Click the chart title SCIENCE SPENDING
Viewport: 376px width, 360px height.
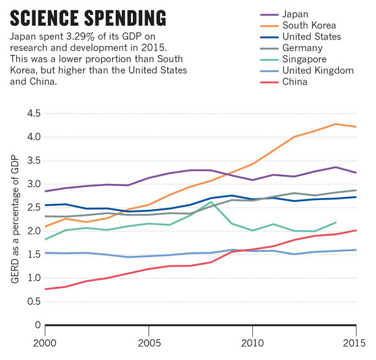point(88,18)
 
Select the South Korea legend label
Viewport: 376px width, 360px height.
point(309,25)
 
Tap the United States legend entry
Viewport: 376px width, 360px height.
point(311,37)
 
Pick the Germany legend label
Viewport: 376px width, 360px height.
point(302,48)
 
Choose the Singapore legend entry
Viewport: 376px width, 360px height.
point(304,59)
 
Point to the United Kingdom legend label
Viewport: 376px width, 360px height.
point(318,71)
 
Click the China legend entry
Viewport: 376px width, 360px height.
point(295,82)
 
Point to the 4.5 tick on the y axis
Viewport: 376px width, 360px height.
point(34,113)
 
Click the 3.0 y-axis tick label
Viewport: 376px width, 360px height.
point(34,184)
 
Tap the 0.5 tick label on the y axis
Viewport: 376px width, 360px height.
point(34,301)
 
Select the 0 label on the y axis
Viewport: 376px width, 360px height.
point(38,325)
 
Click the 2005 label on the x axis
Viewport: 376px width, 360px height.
point(149,343)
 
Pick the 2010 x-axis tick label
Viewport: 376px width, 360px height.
point(252,343)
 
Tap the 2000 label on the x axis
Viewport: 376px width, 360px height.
point(45,343)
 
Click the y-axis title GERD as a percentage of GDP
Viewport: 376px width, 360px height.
point(15,219)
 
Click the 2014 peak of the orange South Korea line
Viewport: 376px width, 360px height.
point(336,124)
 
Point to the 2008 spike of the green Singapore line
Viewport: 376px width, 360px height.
point(211,202)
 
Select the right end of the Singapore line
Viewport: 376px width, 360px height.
point(336,222)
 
